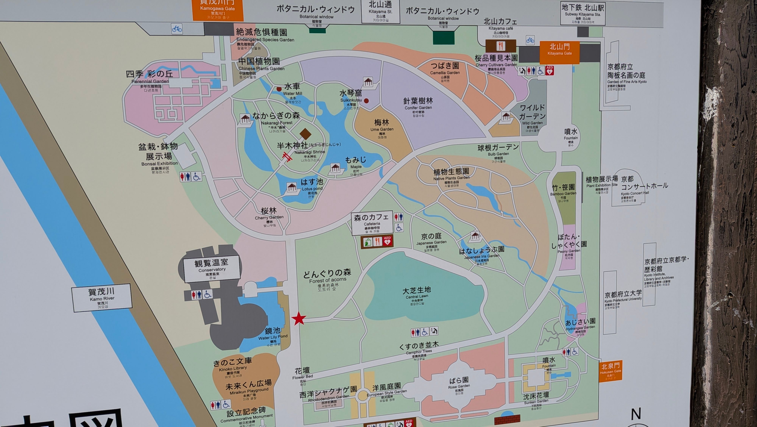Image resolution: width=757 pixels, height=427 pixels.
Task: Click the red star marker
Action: point(299,319)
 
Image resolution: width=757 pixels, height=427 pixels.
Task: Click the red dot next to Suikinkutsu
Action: point(366,101)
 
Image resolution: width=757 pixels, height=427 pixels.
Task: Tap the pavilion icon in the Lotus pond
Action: point(291,187)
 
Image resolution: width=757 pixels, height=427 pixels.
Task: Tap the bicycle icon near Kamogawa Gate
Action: point(177,29)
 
